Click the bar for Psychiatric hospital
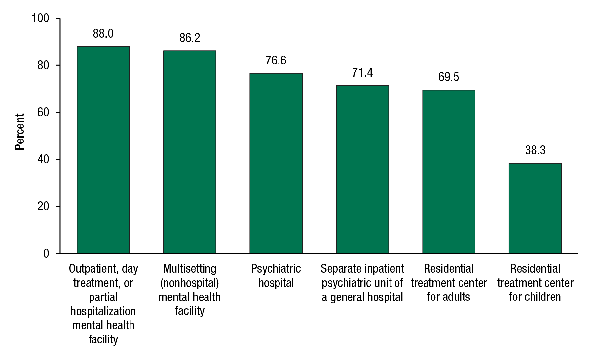[276, 163]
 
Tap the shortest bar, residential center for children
[535, 208]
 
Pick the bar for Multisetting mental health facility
[190, 152]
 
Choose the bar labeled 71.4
[362, 169]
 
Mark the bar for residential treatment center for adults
[449, 172]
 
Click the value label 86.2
[190, 38]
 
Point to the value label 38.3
[535, 150]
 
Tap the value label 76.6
[276, 60]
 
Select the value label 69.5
[449, 77]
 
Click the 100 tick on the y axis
[40, 18]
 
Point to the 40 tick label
[43, 159]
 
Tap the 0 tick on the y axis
[46, 254]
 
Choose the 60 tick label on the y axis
[43, 112]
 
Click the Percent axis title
[20, 132]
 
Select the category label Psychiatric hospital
[276, 276]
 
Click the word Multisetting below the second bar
[190, 269]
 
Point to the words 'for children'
[535, 297]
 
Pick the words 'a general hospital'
[362, 297]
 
